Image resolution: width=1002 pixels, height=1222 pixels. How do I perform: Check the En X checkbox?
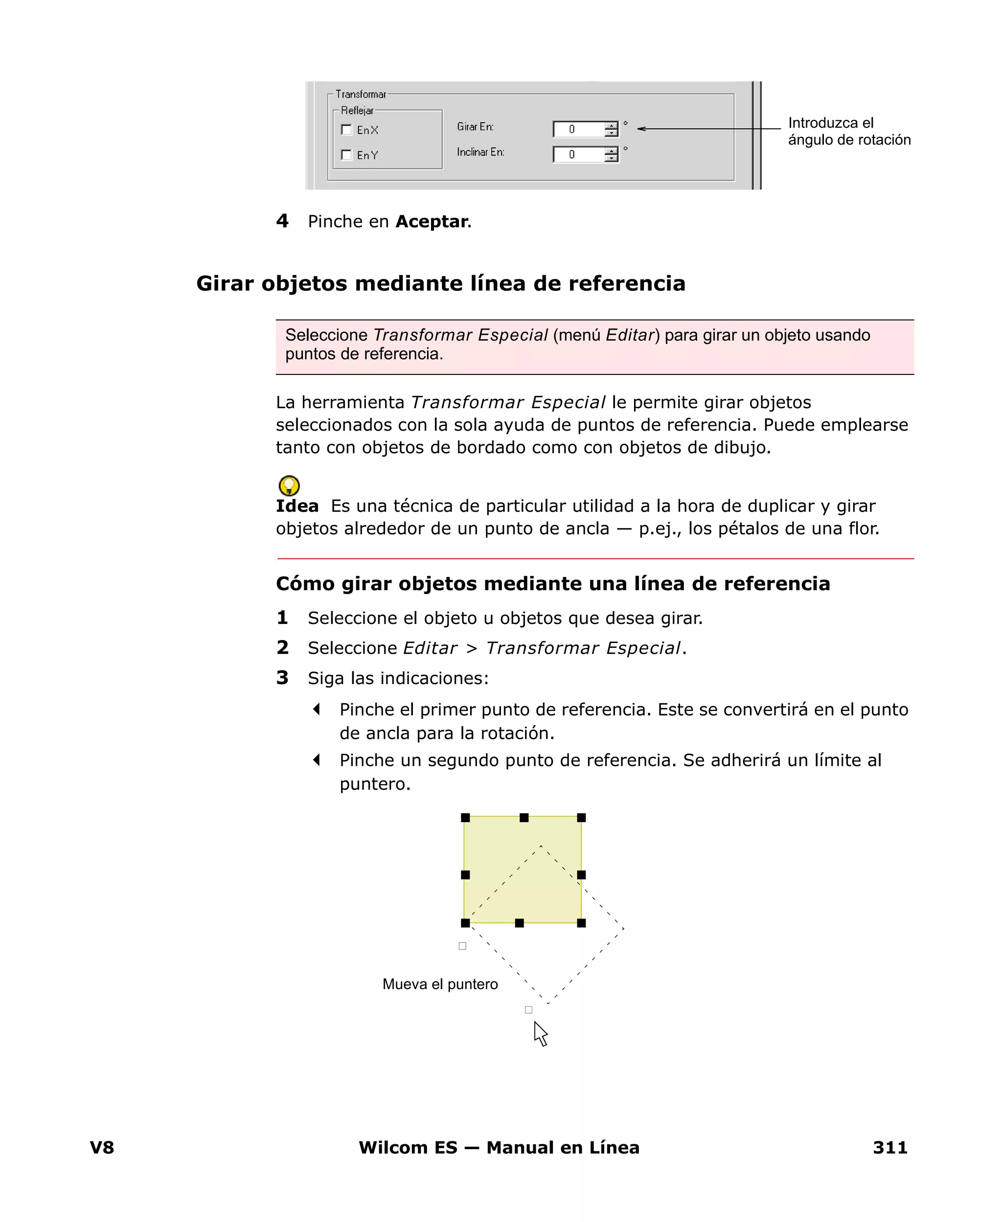[x=346, y=130]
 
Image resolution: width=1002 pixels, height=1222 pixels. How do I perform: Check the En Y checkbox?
[x=346, y=155]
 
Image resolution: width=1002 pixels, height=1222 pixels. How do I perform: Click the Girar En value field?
[x=578, y=129]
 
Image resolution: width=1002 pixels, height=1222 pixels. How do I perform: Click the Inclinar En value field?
[x=578, y=154]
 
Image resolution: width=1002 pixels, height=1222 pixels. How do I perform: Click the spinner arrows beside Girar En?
[x=611, y=129]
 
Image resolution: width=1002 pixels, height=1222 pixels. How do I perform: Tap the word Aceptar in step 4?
[x=432, y=222]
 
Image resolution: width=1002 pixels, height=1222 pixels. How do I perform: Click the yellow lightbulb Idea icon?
[x=289, y=485]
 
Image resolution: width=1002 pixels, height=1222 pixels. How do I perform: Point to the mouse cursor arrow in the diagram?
[x=540, y=1033]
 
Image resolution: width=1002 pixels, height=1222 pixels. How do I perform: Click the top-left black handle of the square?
[x=465, y=817]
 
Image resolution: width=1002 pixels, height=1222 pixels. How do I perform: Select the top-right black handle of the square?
[x=581, y=817]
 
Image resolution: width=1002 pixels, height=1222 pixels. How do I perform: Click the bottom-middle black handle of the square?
[x=520, y=923]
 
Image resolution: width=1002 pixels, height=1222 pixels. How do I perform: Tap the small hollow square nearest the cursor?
[x=528, y=1010]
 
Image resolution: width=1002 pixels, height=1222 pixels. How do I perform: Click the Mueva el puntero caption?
[x=440, y=984]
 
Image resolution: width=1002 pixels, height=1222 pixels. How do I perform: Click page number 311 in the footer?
[x=889, y=1148]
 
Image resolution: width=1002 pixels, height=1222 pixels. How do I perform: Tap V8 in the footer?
[x=102, y=1148]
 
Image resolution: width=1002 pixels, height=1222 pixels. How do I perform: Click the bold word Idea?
[x=296, y=506]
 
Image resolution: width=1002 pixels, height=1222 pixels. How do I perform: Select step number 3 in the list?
[x=282, y=678]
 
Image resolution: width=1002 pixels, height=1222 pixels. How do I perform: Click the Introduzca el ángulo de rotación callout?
[x=848, y=132]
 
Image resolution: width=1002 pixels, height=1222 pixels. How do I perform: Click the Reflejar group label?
[x=357, y=110]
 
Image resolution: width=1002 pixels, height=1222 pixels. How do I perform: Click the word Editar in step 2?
[x=430, y=648]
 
